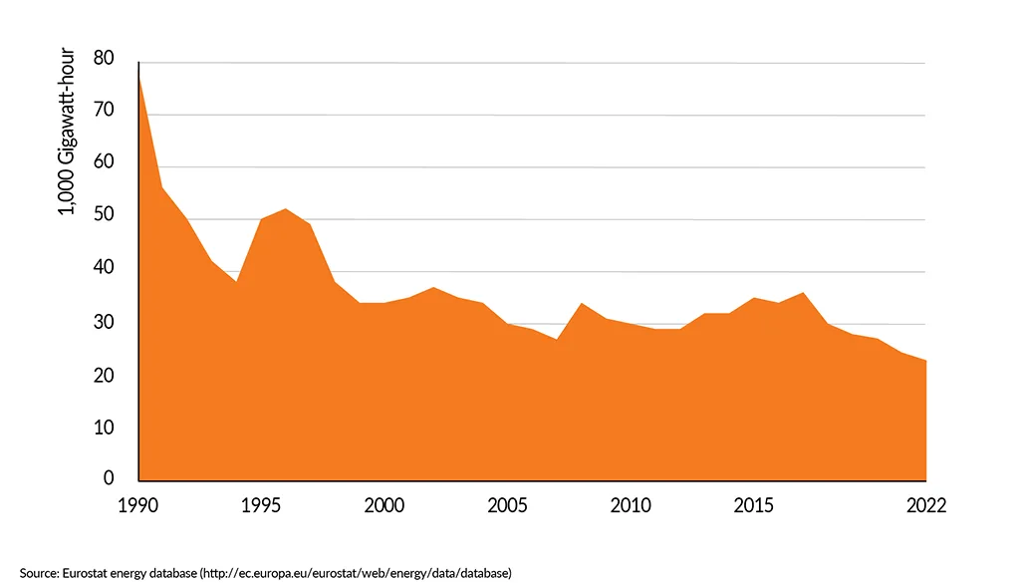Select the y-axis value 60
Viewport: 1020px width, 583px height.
104,163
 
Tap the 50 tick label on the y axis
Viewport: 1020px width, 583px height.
104,216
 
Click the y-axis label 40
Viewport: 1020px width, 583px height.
104,269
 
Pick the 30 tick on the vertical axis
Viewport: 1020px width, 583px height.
104,323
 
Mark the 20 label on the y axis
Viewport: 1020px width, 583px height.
104,376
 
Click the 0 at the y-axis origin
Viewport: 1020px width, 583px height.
109,478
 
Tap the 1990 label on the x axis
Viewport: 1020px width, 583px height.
138,505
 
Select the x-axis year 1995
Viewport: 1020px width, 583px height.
261,505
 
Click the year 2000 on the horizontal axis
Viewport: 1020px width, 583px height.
383,505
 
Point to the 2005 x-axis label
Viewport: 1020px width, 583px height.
507,505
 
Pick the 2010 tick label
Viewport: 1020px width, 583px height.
631,505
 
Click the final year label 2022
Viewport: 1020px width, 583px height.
925,505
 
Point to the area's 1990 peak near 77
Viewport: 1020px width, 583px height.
139,78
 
